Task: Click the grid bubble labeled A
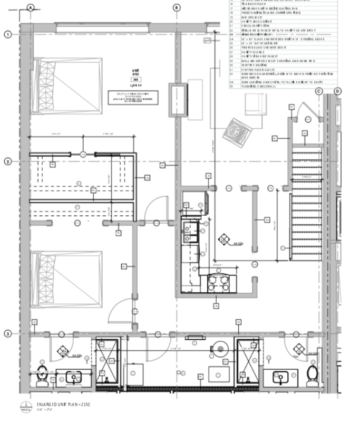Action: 30,7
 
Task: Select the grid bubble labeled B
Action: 176,7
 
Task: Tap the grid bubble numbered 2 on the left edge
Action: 8,161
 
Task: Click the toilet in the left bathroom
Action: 42,376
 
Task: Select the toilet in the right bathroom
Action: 312,376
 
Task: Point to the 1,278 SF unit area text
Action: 136,84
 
